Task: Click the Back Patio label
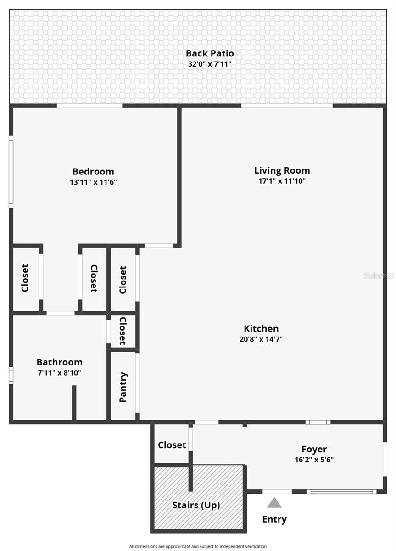click(x=210, y=54)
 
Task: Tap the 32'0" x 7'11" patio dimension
click(x=210, y=64)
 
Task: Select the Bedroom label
click(x=93, y=172)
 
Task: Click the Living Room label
click(x=282, y=171)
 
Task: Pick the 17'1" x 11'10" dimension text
click(x=282, y=181)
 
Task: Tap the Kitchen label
click(x=261, y=329)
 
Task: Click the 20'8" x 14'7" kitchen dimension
click(x=261, y=339)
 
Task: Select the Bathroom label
click(x=60, y=362)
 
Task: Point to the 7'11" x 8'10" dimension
click(x=60, y=373)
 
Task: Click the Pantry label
click(x=123, y=387)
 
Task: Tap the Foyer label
click(x=314, y=449)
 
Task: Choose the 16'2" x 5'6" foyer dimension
click(x=314, y=460)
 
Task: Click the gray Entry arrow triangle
click(x=274, y=503)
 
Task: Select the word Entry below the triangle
click(x=274, y=519)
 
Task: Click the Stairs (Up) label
click(x=196, y=506)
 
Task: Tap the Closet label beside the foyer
click(x=172, y=445)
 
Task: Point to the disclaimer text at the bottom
click(x=198, y=546)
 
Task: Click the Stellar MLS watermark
click(x=379, y=276)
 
